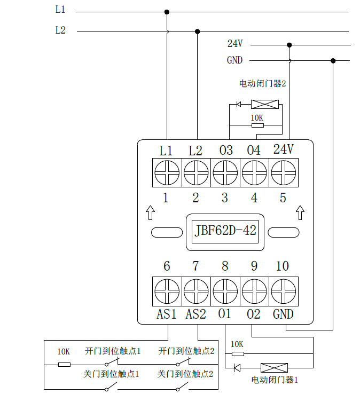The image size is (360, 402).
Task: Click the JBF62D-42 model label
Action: pyautogui.click(x=226, y=232)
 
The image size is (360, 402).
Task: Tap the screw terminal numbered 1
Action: pyautogui.click(x=167, y=173)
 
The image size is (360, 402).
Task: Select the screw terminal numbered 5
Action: pyautogui.click(x=283, y=173)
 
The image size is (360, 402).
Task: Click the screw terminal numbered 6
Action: pyautogui.click(x=167, y=291)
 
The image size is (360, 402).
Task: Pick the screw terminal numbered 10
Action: pyautogui.click(x=283, y=291)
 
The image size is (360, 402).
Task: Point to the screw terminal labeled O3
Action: pyautogui.click(x=225, y=173)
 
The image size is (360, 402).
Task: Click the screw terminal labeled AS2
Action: pyautogui.click(x=196, y=291)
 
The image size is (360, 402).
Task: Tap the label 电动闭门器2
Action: pyautogui.click(x=263, y=84)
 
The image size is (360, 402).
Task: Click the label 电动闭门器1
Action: pyautogui.click(x=275, y=380)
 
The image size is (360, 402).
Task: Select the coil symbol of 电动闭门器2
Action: pyautogui.click(x=265, y=104)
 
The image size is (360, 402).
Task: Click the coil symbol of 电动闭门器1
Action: pyautogui.click(x=274, y=367)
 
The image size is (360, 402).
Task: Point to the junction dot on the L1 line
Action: pyautogui.click(x=167, y=11)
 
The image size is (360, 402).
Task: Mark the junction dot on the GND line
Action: pyautogui.click(x=333, y=60)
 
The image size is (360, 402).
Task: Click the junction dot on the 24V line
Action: pyautogui.click(x=289, y=45)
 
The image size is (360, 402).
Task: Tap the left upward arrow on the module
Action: pyautogui.click(x=150, y=212)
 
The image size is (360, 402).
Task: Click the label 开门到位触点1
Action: pyautogui.click(x=113, y=351)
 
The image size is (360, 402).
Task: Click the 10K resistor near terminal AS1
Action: pyautogui.click(x=64, y=365)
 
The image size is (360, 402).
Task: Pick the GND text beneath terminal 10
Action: pyautogui.click(x=283, y=314)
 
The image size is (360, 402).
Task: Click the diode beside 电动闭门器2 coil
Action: pyautogui.click(x=239, y=104)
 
